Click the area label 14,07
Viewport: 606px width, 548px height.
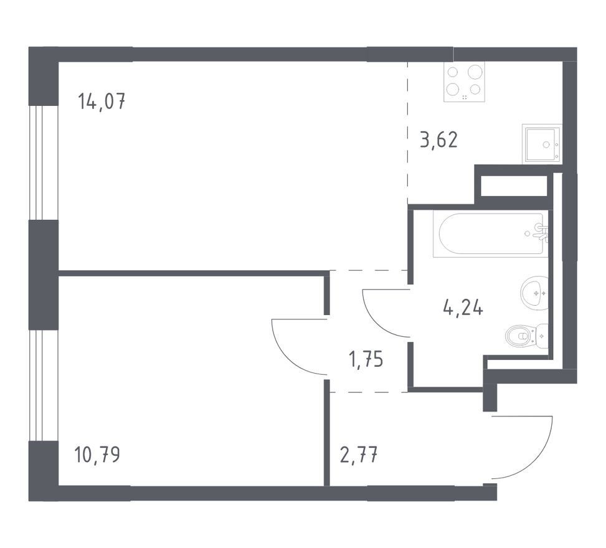[x=102, y=102]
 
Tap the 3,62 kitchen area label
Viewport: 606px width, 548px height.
[x=438, y=140]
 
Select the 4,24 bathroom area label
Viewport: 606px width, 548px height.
[x=463, y=308]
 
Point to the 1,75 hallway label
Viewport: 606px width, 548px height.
[x=366, y=359]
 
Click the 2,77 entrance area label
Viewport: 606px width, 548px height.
[x=358, y=455]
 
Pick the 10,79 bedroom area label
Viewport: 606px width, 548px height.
[x=97, y=455]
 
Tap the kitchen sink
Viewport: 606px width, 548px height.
[x=542, y=144]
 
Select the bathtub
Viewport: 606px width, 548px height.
[x=491, y=234]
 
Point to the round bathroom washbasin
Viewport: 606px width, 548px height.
[x=534, y=293]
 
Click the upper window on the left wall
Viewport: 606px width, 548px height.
[x=44, y=163]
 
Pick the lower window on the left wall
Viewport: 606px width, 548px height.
[x=44, y=385]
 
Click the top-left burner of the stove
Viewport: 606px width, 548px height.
[x=453, y=72]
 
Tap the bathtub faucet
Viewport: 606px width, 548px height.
[x=541, y=232]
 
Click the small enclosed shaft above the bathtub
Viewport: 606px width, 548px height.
[x=514, y=186]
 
